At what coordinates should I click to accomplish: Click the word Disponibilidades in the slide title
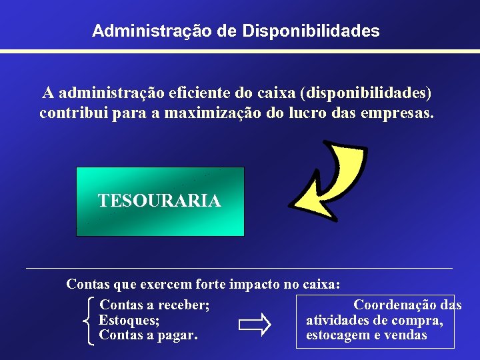(311, 31)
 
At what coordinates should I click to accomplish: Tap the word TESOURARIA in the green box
(159, 201)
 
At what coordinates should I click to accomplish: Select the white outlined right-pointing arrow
(255, 325)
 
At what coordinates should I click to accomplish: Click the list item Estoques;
(129, 320)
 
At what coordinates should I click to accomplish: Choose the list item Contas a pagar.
(148, 335)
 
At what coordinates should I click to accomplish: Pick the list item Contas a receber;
(155, 305)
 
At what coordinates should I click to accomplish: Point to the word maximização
(212, 113)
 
